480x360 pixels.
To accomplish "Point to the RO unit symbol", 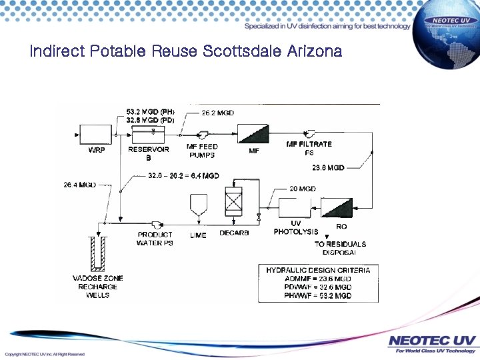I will (337, 207).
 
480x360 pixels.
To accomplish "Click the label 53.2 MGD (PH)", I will (150, 112).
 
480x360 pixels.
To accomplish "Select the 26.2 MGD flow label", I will (218, 113).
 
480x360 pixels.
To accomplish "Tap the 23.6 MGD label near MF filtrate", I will (328, 168).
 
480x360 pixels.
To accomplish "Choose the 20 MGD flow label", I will (303, 189).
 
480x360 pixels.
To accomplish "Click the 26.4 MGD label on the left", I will (80, 184).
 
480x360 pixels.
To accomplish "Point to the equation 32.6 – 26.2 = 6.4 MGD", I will (183, 176).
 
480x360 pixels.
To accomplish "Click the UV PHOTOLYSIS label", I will (296, 227).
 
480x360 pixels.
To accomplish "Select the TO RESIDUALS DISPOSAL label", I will (340, 248).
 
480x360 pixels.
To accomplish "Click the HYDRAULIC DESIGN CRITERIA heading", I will (318, 270).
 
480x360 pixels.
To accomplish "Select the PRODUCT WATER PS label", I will (155, 239).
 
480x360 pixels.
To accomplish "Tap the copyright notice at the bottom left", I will (45, 353).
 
